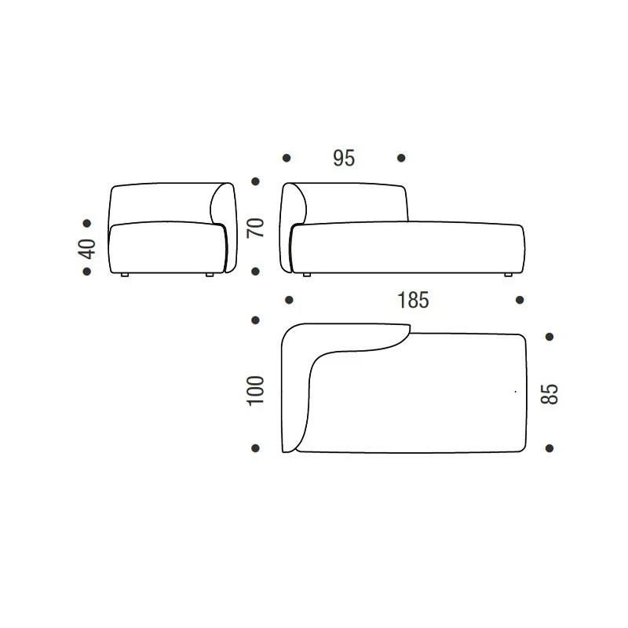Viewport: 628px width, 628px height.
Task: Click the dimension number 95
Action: [344, 158]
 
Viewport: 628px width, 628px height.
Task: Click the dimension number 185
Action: [413, 300]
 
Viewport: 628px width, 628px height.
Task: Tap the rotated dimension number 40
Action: [87, 249]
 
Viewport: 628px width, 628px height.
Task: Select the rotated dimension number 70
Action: [256, 228]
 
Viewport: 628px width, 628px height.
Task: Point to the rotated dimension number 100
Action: [256, 390]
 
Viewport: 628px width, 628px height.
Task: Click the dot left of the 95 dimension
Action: [287, 158]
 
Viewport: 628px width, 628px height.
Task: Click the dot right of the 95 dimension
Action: [401, 158]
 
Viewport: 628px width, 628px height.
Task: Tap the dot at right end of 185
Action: [520, 300]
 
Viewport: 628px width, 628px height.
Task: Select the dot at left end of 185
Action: [289, 300]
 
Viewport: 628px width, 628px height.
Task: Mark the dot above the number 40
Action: [87, 224]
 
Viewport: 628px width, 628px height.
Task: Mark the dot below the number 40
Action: [87, 272]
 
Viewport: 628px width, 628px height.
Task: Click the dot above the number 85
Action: [549, 337]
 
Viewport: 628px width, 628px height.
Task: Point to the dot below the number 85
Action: [549, 448]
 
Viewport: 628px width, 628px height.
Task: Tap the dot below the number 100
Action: [255, 448]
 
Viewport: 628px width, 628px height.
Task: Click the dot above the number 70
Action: [255, 181]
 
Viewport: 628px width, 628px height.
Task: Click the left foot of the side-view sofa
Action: [126, 276]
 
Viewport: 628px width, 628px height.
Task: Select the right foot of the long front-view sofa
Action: [508, 275]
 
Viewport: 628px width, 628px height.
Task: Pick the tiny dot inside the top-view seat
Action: [516, 390]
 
